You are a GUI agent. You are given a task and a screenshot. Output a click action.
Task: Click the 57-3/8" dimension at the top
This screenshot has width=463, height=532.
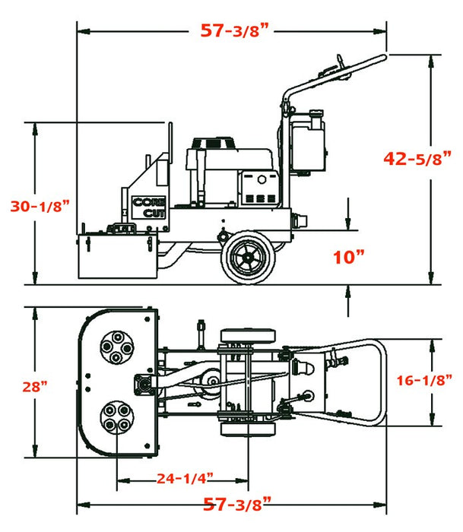pyautogui.click(x=236, y=30)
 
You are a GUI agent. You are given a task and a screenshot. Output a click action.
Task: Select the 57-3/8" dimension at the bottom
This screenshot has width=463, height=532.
pyautogui.click(x=236, y=504)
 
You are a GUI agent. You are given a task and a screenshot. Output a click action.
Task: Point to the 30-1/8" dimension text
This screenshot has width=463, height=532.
pyautogui.click(x=40, y=205)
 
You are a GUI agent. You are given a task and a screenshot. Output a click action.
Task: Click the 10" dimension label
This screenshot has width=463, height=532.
pyautogui.click(x=349, y=256)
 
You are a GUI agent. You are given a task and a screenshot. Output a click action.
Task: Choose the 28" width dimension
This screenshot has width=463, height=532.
pyautogui.click(x=34, y=386)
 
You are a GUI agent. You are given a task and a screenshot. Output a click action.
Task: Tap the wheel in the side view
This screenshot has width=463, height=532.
pyautogui.click(x=246, y=258)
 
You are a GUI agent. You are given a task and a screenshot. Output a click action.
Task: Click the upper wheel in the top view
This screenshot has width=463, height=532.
pyautogui.click(x=247, y=337)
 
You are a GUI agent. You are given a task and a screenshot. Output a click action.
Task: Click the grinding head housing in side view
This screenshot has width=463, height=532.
pyautogui.click(x=117, y=256)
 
